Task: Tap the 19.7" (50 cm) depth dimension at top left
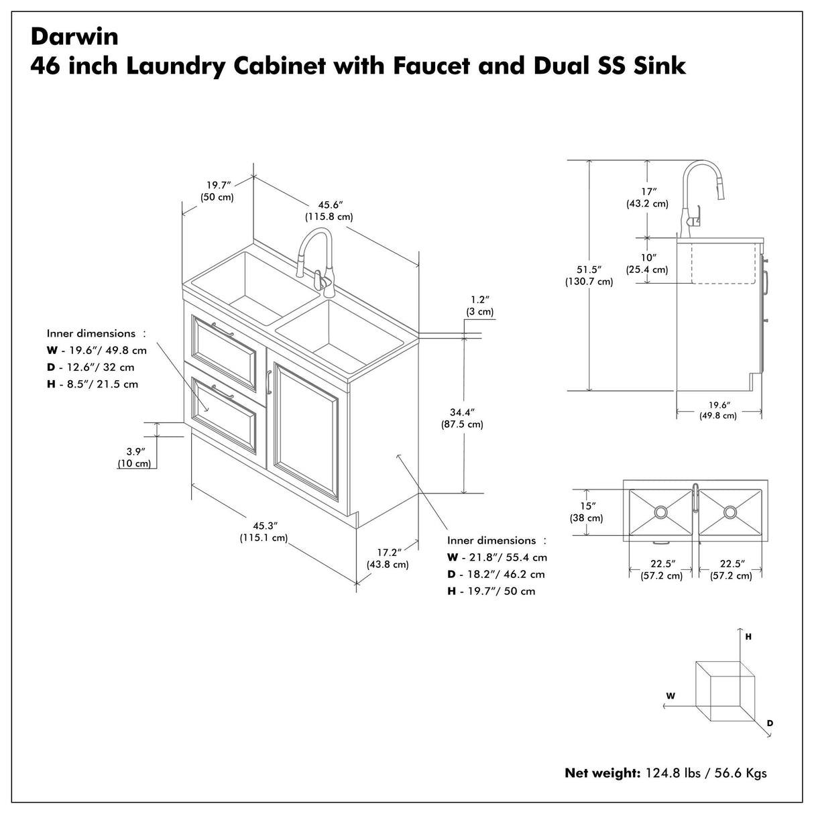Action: tap(217, 191)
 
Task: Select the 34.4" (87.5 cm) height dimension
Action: tap(461, 418)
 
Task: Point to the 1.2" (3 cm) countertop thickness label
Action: tap(479, 305)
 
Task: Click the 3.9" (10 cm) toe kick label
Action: tap(134, 457)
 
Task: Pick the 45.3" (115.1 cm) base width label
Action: tap(264, 531)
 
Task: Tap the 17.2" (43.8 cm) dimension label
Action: tap(388, 558)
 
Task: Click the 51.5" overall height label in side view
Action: tap(588, 275)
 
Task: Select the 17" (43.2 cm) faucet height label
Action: tap(648, 197)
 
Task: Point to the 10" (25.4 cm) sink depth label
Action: tap(648, 264)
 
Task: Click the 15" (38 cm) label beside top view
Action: tap(586, 512)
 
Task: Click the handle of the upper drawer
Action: tap(221, 329)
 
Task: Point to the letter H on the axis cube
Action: tap(748, 636)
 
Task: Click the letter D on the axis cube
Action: tap(770, 723)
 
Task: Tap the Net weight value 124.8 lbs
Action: tap(673, 773)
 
